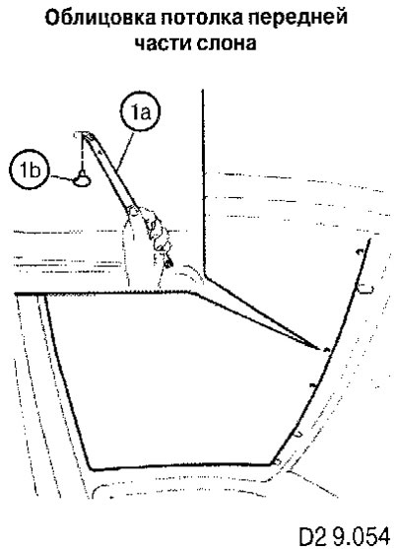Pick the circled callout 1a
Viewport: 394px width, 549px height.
(x=140, y=112)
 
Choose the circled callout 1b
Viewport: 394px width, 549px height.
(x=31, y=171)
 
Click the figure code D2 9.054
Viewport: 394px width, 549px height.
(x=345, y=536)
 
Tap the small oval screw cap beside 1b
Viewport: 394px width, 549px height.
(x=83, y=179)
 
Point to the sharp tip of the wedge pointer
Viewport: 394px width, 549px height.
(x=320, y=349)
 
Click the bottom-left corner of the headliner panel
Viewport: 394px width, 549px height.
(x=91, y=468)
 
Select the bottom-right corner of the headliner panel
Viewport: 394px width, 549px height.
(x=271, y=464)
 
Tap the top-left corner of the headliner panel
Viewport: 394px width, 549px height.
(x=16, y=294)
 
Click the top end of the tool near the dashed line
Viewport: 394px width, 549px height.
(x=85, y=134)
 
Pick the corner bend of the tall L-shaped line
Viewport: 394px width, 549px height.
(x=204, y=277)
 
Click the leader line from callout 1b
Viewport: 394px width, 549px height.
(x=62, y=177)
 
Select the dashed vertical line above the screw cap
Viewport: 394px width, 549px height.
(x=82, y=153)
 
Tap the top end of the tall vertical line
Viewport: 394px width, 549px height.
(x=203, y=91)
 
